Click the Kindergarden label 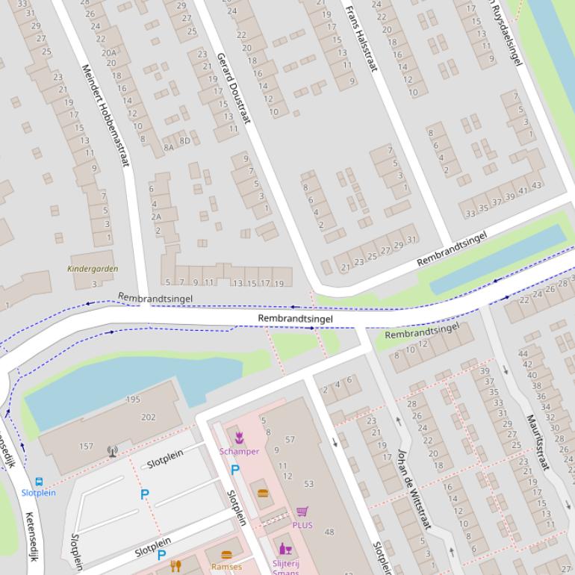[93, 269]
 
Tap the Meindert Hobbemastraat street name [105, 114]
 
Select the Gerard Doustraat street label [233, 87]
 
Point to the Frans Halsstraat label [360, 38]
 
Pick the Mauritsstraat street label [538, 442]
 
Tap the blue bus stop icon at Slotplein [39, 482]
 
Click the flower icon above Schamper [239, 438]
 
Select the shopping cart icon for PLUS [302, 512]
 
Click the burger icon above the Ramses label [227, 555]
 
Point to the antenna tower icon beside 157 [112, 451]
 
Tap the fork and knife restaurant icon [176, 565]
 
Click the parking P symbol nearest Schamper [235, 470]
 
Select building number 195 [133, 400]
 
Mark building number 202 [148, 417]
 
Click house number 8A [169, 148]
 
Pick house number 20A [109, 52]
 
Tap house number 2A [156, 217]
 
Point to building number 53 [309, 485]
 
